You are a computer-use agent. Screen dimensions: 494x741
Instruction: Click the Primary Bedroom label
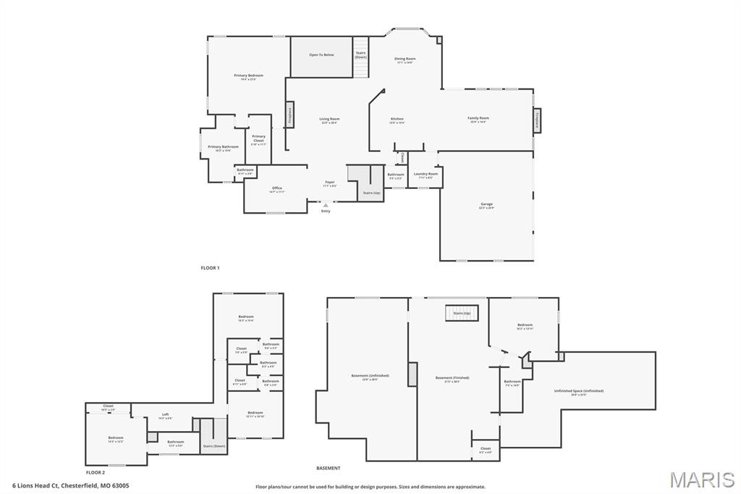coord(248,76)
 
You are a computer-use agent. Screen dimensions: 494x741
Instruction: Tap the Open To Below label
coord(321,55)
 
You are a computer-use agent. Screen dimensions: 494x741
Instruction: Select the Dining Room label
coord(405,59)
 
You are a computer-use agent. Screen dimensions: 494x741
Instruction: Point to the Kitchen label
coord(397,120)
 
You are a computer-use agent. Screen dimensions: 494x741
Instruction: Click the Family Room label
coord(478,119)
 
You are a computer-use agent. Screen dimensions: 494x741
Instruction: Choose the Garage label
coord(487,205)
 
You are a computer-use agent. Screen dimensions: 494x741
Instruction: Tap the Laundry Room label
coord(425,175)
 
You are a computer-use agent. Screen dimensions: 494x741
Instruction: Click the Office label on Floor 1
coord(277,189)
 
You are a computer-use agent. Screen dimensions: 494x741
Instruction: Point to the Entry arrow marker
coord(326,205)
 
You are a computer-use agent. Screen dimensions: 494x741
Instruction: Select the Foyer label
coord(329,183)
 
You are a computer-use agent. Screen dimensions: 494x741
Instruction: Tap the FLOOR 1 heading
coord(210,268)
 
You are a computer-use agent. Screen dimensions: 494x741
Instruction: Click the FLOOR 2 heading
coord(96,472)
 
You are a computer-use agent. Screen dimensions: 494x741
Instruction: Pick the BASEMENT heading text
coord(328,468)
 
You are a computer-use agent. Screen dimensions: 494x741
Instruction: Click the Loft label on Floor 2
coord(166,415)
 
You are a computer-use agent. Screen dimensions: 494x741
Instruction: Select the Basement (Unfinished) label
coord(370,377)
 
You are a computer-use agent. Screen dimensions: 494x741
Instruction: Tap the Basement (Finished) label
coord(452,378)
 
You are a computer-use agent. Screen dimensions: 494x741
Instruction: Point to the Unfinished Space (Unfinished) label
coord(577,392)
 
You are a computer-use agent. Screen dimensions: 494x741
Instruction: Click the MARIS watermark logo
coord(702,480)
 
